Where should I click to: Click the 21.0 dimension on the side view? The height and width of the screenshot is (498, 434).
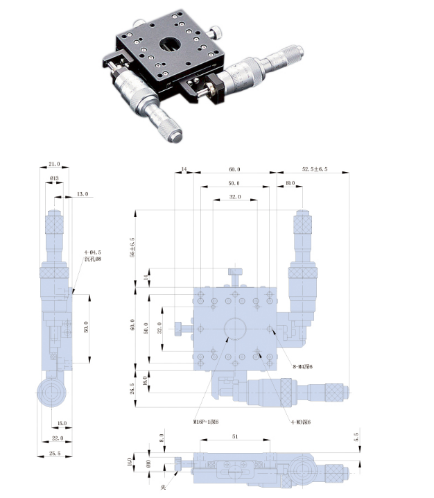point(54,164)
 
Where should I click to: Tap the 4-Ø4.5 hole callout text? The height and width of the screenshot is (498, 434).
point(93,253)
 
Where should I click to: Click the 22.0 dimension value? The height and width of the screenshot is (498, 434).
point(57,438)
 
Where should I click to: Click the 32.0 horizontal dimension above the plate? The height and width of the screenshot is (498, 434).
point(235,197)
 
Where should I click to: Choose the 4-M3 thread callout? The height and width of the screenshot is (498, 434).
point(299,421)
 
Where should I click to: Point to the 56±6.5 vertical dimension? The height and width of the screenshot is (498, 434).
point(133,244)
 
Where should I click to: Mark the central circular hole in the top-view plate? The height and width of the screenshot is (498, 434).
point(235,329)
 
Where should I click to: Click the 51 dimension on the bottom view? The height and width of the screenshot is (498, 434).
point(236,438)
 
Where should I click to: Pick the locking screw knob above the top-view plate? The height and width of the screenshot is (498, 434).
point(236,274)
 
